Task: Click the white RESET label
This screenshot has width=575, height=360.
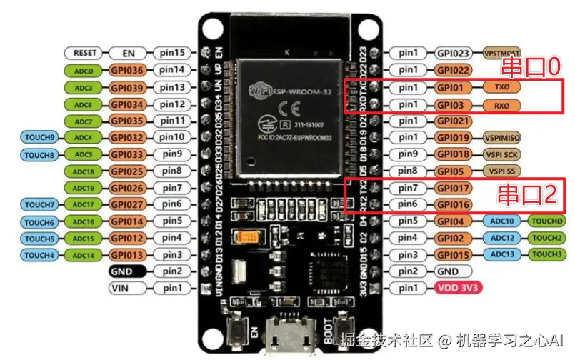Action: click(x=85, y=53)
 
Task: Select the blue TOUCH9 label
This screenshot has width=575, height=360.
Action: click(x=39, y=136)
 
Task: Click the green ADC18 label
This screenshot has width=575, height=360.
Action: click(x=84, y=171)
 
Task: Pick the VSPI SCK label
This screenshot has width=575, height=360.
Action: click(x=502, y=154)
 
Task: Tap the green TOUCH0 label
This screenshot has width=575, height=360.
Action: click(x=548, y=221)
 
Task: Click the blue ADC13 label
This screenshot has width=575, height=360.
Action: click(x=503, y=254)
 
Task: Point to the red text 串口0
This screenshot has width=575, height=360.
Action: click(x=529, y=68)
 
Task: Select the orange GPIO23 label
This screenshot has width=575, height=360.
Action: click(x=453, y=53)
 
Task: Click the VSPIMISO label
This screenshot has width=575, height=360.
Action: click(x=502, y=137)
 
